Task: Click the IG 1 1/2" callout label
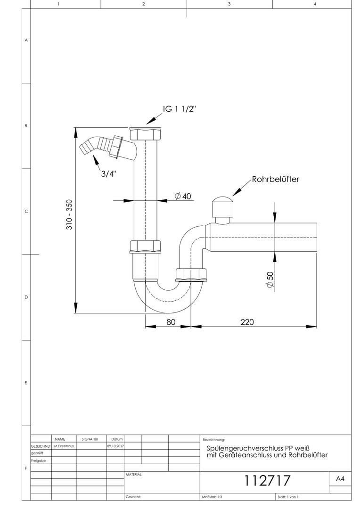[180, 109]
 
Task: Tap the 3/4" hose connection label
[108, 174]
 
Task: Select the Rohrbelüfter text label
[275, 179]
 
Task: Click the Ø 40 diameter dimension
[183, 196]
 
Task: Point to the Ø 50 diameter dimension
[270, 279]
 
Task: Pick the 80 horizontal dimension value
[171, 322]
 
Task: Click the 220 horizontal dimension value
[247, 322]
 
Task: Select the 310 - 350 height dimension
[69, 214]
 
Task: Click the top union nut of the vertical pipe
[145, 133]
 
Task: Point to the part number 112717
[267, 481]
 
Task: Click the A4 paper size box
[340, 479]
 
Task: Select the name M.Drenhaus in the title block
[64, 446]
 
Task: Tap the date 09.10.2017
[115, 446]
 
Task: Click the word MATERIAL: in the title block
[134, 475]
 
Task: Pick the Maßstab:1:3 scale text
[212, 497]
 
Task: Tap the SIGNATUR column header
[90, 439]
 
